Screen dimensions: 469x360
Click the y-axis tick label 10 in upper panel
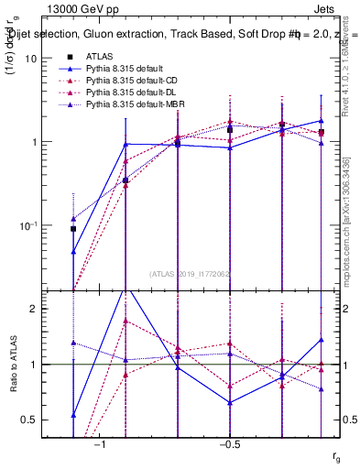pos(30,58)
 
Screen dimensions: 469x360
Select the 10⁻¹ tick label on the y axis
pos(27,225)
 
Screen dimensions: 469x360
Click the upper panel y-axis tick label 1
pos(33,142)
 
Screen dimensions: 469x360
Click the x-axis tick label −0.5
pos(229,443)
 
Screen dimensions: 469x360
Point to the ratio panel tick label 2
pos(33,310)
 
